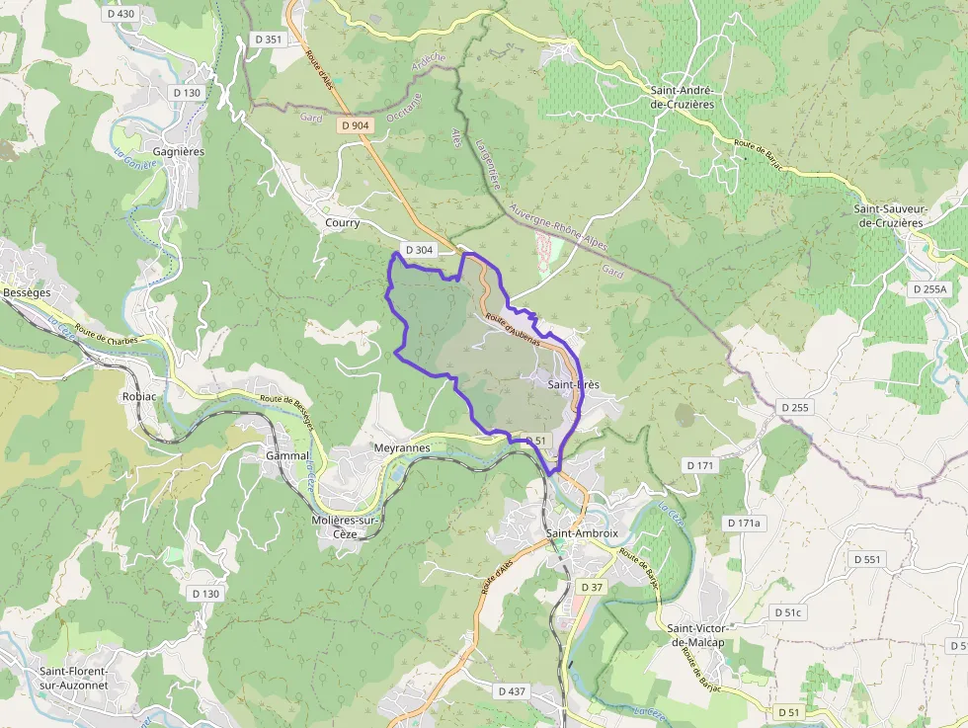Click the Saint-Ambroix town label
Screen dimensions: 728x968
coord(582,533)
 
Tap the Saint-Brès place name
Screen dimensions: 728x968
coord(574,384)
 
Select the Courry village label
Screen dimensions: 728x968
coord(342,223)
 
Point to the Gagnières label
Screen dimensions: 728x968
coord(179,152)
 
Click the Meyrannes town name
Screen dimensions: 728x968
coord(402,447)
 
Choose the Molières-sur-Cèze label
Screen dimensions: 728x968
coord(354,527)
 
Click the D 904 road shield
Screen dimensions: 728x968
coord(356,125)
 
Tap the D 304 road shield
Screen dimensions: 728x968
coord(418,250)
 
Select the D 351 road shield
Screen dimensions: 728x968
coord(268,40)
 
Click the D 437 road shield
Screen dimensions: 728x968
coord(512,691)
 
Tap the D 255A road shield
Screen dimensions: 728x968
coord(929,289)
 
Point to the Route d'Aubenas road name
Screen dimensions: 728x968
coord(513,329)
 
